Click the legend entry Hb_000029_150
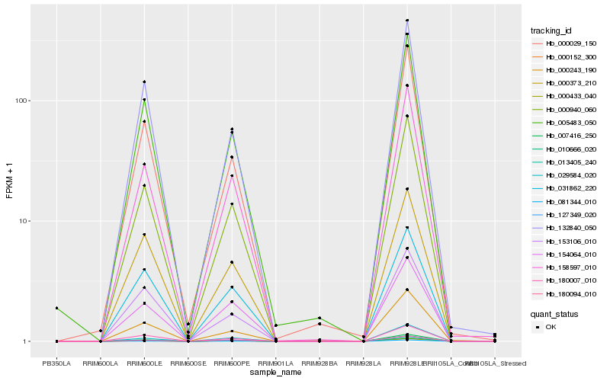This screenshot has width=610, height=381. click(x=571, y=43)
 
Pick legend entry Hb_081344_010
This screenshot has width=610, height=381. click(x=571, y=201)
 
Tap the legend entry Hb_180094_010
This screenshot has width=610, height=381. click(x=571, y=293)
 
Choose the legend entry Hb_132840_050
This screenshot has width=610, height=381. click(x=571, y=228)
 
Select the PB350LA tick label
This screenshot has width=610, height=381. click(x=56, y=363)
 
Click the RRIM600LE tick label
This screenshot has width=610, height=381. click(x=144, y=363)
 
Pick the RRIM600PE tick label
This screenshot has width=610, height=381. click(x=232, y=363)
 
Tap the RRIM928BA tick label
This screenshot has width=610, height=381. click(x=319, y=363)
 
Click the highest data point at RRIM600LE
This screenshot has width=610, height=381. click(x=144, y=82)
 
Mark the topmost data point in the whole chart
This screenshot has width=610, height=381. click(x=407, y=21)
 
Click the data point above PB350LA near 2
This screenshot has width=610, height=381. click(x=56, y=308)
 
